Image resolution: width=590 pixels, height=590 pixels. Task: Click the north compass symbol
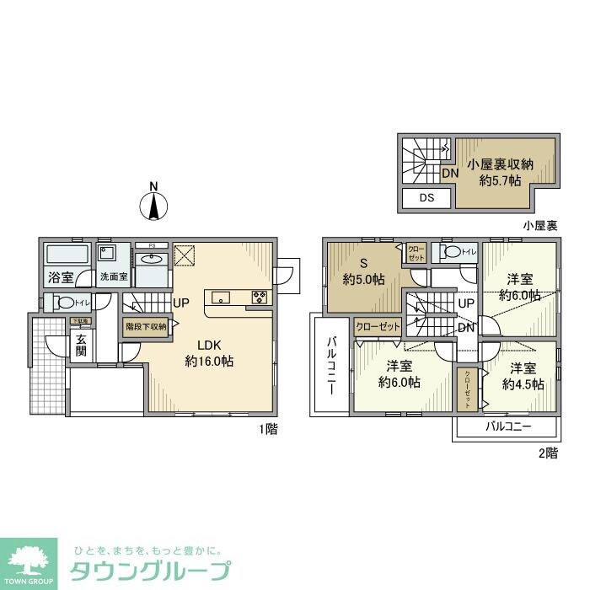pyautogui.click(x=153, y=202)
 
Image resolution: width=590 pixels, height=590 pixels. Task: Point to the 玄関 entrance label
pyautogui.click(x=81, y=346)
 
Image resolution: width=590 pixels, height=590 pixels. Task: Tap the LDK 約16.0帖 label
pyautogui.click(x=209, y=352)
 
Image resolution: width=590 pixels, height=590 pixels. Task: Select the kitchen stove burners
pyautogui.click(x=259, y=297)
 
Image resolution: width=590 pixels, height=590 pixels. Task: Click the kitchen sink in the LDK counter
pyautogui.click(x=221, y=296)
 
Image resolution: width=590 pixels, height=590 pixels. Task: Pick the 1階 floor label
pyautogui.click(x=269, y=428)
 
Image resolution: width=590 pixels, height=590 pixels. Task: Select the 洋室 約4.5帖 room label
pyautogui.click(x=523, y=376)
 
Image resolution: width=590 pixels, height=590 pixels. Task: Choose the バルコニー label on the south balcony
pyautogui.click(x=508, y=426)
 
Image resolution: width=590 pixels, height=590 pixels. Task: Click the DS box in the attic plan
pyautogui.click(x=426, y=199)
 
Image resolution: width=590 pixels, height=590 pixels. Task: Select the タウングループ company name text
pyautogui.click(x=149, y=571)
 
